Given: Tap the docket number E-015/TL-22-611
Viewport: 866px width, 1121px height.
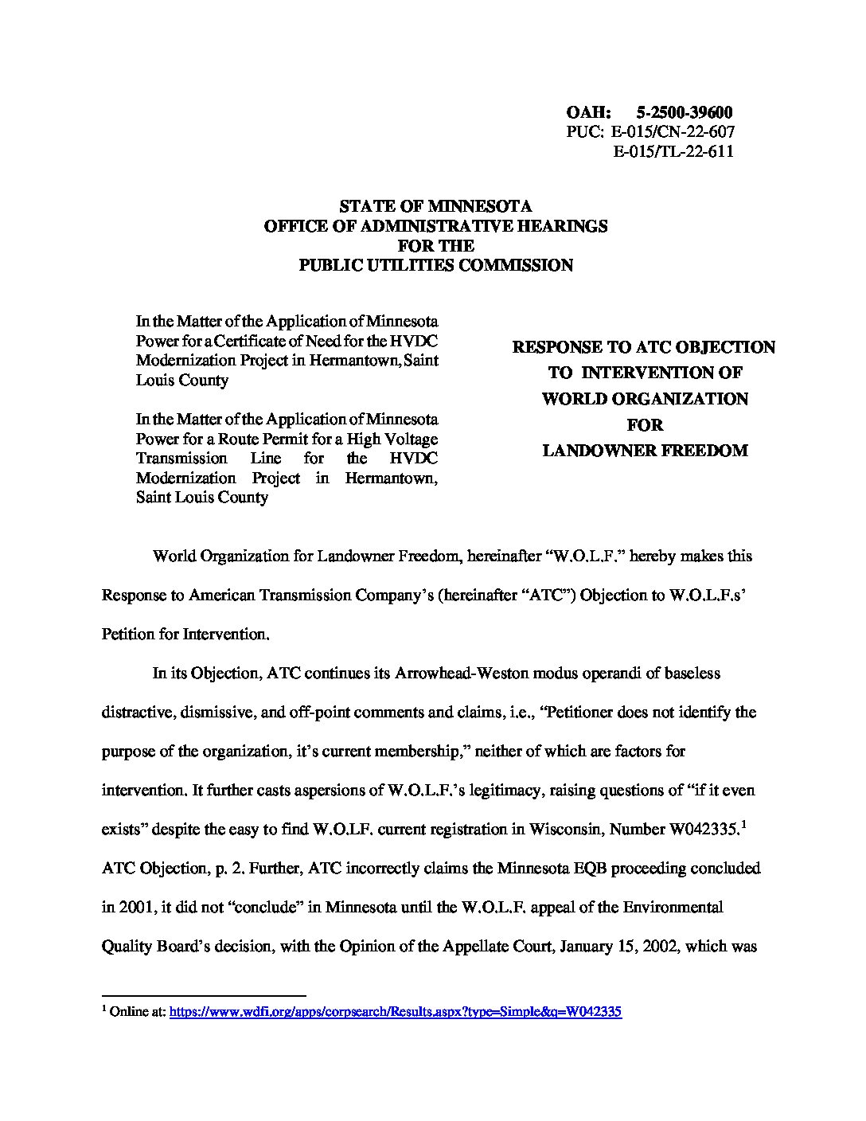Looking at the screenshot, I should pyautogui.click(x=673, y=150).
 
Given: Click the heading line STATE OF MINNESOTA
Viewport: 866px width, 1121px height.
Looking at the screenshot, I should pyautogui.click(x=435, y=207).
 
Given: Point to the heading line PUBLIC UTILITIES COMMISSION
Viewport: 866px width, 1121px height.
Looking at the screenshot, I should pyautogui.click(x=435, y=265).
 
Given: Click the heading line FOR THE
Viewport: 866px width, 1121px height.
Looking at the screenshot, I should pyautogui.click(x=435, y=245).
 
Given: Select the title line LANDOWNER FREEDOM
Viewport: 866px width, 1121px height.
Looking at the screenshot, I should pyautogui.click(x=645, y=451).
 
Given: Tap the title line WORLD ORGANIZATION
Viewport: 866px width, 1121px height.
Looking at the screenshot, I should pyautogui.click(x=645, y=399).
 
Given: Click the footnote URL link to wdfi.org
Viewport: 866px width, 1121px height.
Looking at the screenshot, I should pyautogui.click(x=396, y=1012).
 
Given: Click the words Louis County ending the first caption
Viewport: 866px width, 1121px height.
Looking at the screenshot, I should pyautogui.click(x=182, y=380).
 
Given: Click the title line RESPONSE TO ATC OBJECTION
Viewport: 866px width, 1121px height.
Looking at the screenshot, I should pyautogui.click(x=645, y=347).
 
